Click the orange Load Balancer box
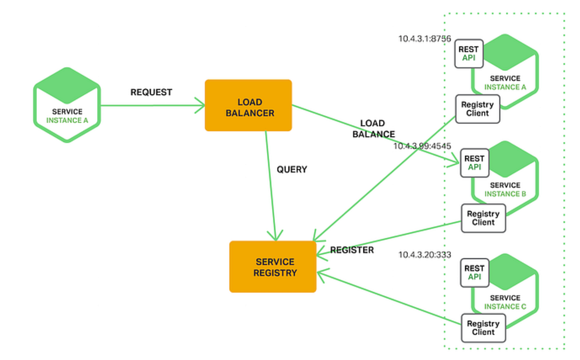(x=248, y=105)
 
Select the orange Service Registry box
(x=273, y=267)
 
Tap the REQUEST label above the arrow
(x=151, y=92)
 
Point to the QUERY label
(x=292, y=170)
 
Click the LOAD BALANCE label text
(x=374, y=129)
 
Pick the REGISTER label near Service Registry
(x=352, y=250)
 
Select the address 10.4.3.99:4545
(x=422, y=145)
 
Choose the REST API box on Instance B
(x=474, y=163)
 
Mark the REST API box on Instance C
(x=474, y=273)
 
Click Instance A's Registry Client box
(x=478, y=109)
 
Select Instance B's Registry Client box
(x=483, y=218)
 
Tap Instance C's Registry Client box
(x=483, y=328)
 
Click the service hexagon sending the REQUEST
(x=67, y=105)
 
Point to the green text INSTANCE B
(x=505, y=194)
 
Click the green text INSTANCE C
(x=505, y=306)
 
